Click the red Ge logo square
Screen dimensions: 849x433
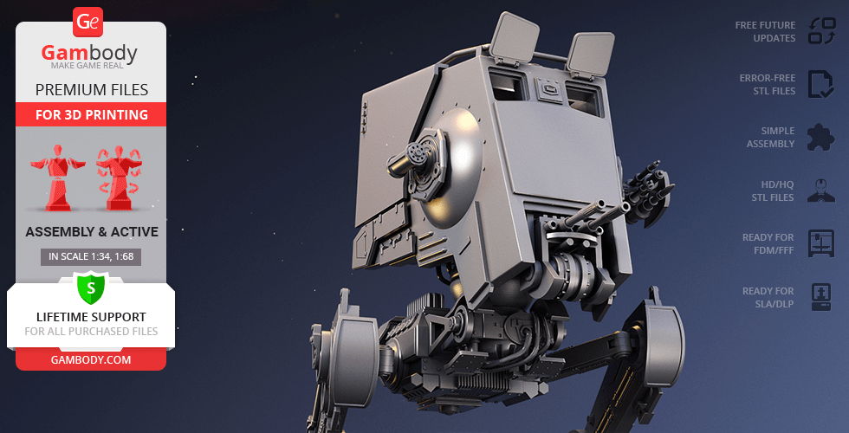click(87, 23)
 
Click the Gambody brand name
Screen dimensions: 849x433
click(89, 53)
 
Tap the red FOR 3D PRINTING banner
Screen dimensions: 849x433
click(91, 114)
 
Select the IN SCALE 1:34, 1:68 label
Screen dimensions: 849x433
click(91, 256)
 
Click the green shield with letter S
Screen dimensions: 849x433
click(91, 288)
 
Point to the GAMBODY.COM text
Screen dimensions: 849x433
click(91, 360)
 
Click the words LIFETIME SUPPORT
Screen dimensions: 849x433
click(91, 317)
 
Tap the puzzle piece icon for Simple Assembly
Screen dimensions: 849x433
click(821, 137)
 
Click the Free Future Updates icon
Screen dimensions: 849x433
click(822, 31)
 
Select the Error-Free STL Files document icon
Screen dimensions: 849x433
click(821, 84)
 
